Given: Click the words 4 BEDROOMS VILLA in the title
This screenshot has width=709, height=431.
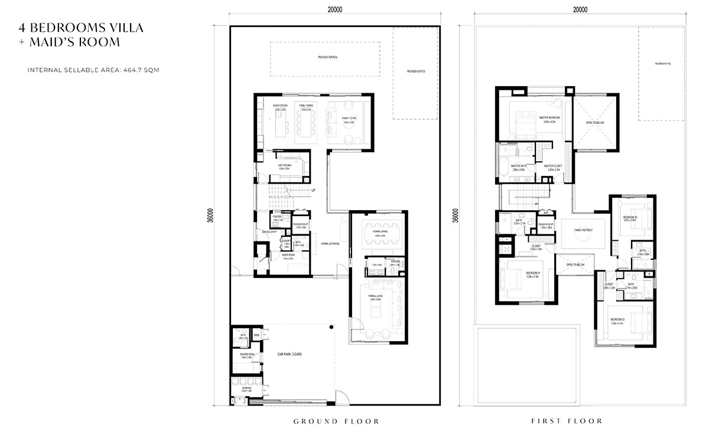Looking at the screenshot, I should click(82, 28).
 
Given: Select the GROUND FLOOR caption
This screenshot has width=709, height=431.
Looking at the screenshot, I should click(336, 421).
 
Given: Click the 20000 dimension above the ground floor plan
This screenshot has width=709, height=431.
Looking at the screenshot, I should click(335, 9).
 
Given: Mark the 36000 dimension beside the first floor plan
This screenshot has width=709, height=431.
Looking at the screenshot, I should click(454, 215).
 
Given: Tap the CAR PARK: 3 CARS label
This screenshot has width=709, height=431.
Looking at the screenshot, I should click(293, 355).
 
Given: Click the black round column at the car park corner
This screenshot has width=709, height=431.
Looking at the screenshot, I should click(332, 327).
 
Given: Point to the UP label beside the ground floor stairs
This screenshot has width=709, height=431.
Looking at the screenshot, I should click(313, 190).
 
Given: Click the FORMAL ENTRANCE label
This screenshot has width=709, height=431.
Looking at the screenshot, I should click(330, 243).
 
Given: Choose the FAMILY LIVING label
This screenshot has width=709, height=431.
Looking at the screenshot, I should click(349, 118).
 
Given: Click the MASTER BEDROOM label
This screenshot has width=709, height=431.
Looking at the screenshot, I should click(549, 117).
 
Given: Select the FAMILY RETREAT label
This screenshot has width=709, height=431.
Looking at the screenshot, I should click(583, 230).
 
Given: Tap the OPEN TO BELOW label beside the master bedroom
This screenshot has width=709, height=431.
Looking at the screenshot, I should click(594, 123).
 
